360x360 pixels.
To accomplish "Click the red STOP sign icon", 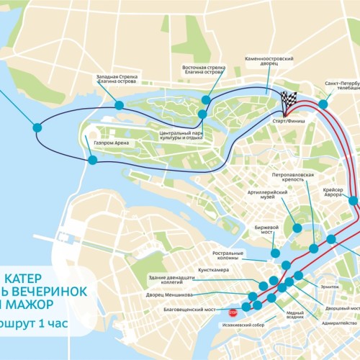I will (x=233, y=313).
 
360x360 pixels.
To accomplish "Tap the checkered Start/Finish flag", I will (x=289, y=104).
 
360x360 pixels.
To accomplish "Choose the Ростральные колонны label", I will (x=231, y=256).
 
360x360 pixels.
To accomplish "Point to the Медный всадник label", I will (x=294, y=316).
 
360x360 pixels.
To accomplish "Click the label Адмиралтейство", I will (x=338, y=323).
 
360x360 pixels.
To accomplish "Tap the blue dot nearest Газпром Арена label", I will (x=93, y=160).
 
